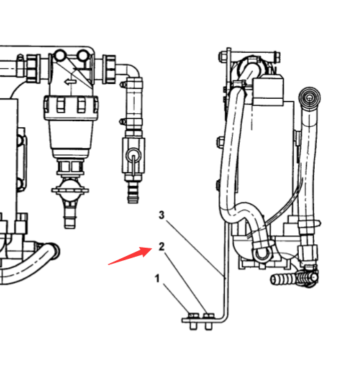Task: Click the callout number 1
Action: (x=157, y=278)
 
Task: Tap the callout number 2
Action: (x=162, y=246)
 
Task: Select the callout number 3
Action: (x=162, y=215)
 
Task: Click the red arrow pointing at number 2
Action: (x=130, y=255)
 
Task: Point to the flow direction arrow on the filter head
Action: (x=71, y=81)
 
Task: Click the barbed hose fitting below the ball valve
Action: (x=133, y=191)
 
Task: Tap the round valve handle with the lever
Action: (x=134, y=155)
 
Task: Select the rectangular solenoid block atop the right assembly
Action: (x=268, y=90)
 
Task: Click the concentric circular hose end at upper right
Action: (x=310, y=97)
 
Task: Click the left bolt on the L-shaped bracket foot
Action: (x=194, y=321)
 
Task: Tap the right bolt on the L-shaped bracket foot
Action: (x=208, y=321)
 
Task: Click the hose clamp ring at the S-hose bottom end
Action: (x=261, y=253)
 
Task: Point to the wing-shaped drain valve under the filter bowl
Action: (x=70, y=190)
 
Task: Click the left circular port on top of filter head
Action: (x=60, y=56)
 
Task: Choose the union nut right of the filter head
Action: (x=109, y=69)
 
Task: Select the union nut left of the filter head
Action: (x=33, y=68)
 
